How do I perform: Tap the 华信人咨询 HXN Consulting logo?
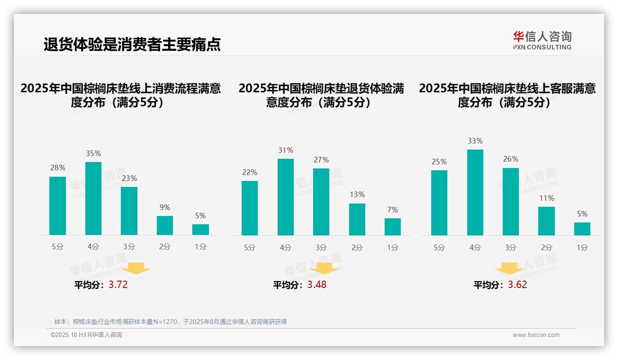542,41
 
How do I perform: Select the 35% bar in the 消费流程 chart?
93,198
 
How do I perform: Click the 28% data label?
58,168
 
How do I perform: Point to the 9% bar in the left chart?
165,225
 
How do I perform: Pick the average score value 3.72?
118,285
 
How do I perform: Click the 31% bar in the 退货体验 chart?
285,197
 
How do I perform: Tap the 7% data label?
392,210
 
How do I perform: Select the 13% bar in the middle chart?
357,219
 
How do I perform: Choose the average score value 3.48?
317,285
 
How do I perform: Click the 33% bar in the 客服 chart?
475,192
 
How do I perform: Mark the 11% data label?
547,198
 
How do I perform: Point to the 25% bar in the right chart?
439,203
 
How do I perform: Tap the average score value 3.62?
517,285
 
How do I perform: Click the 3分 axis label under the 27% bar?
321,247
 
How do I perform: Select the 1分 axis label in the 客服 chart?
582,247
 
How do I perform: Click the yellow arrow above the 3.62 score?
509,269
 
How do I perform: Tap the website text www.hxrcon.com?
536,335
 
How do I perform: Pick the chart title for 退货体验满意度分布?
321,95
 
